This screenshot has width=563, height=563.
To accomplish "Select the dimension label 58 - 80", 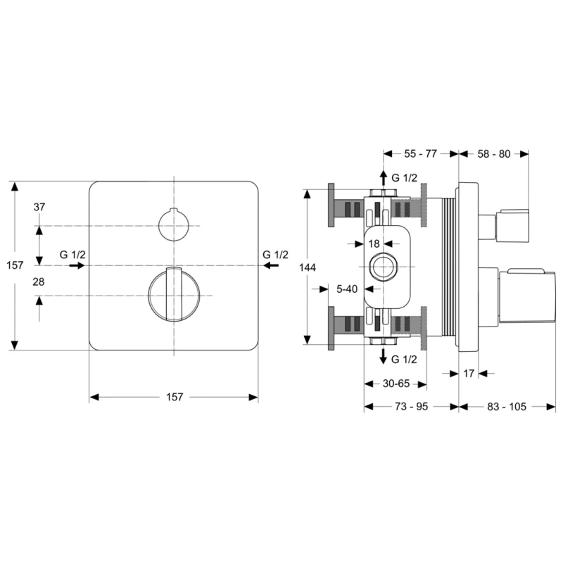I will pos(493,153).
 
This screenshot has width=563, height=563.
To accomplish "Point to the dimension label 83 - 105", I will pos(506,406).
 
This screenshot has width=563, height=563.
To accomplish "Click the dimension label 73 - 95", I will pos(410,406).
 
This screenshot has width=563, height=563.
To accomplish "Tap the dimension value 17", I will pos(469,374).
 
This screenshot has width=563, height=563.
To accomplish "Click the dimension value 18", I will pos(374,243).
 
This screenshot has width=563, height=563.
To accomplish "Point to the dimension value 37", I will pos(39,207).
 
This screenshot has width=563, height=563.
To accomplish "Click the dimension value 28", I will pos(39,281).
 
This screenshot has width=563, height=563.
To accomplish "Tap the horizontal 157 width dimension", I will pos(174,397).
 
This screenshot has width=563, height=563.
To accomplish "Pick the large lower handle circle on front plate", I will pos(173,295).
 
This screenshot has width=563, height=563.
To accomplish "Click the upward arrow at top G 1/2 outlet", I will pos(382,177).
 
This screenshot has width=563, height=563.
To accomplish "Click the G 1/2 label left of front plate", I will pos(72,254).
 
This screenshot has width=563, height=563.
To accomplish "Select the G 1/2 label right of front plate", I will pos(275,254).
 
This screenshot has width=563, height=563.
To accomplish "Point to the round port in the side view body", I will pos(382,267).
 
